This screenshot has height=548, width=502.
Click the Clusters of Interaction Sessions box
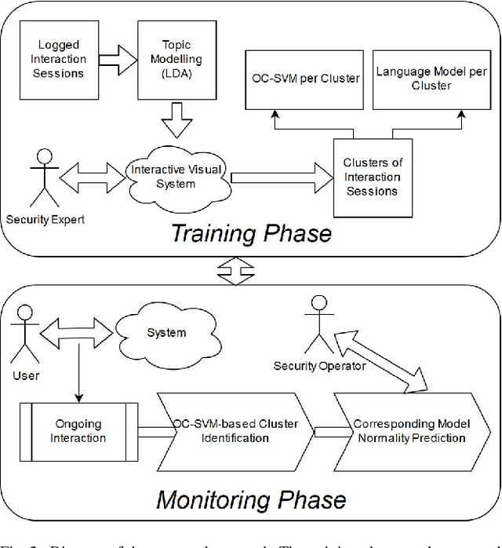point(373,177)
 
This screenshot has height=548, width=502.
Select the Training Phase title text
point(251,233)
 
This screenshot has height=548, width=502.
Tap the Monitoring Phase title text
point(251,499)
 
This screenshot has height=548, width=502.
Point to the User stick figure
point(26,340)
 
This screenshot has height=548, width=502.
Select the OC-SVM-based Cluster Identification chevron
point(235,431)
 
